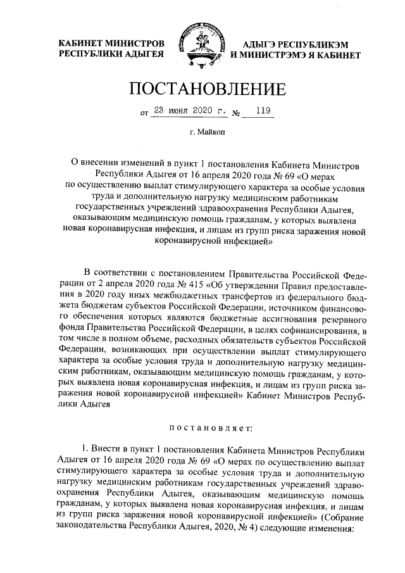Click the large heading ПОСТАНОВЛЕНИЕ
click(x=202, y=89)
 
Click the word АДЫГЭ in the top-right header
click(x=260, y=44)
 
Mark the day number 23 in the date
click(x=159, y=112)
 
